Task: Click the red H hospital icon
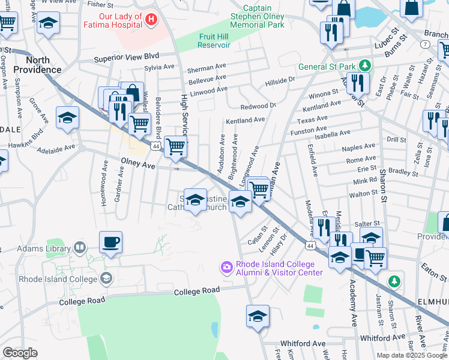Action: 151,20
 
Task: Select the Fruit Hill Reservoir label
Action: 214,41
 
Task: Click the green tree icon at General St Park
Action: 363,65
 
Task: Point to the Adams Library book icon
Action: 79,248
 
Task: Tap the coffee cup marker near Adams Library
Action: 110,243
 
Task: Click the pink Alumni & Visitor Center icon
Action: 226,266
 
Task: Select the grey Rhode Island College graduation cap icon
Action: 106,278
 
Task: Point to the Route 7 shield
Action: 425,45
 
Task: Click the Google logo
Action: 20,353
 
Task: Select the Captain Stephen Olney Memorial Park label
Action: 259,17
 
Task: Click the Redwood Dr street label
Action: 258,106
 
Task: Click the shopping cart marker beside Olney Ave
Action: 175,146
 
